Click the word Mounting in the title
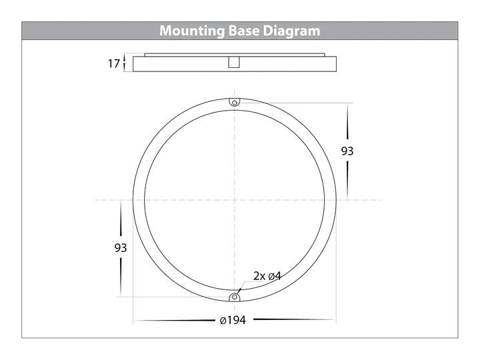pyautogui.click(x=192, y=31)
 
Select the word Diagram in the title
pyautogui.click(x=291, y=31)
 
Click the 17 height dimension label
pyautogui.click(x=114, y=64)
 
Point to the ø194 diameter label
pyautogui.click(x=233, y=320)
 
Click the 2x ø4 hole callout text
pyautogui.click(x=267, y=276)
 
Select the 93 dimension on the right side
pyautogui.click(x=347, y=151)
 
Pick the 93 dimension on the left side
pyautogui.click(x=120, y=247)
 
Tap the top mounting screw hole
pyautogui.click(x=235, y=103)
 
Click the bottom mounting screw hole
pyautogui.click(x=235, y=297)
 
